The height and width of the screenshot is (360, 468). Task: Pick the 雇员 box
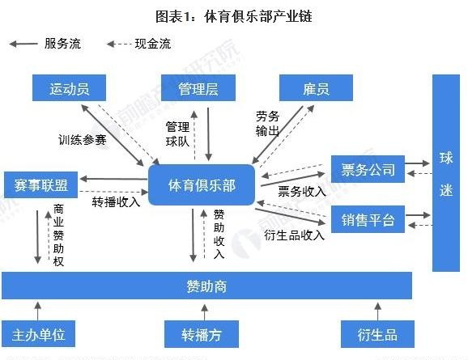click(315, 88)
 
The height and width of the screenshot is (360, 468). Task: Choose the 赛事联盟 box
click(40, 184)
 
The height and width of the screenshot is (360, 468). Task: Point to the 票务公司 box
click(368, 170)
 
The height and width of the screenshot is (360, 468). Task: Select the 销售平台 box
click(368, 219)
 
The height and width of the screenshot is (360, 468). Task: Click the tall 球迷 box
click(446, 173)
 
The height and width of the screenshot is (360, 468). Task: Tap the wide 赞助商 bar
click(206, 285)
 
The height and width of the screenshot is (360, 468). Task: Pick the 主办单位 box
click(38, 333)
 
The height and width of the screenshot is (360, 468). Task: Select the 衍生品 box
click(377, 333)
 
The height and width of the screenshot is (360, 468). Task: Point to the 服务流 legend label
click(62, 44)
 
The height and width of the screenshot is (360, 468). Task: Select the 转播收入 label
click(116, 201)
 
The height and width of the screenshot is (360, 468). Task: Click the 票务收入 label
click(301, 192)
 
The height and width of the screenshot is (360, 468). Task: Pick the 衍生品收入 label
click(294, 235)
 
